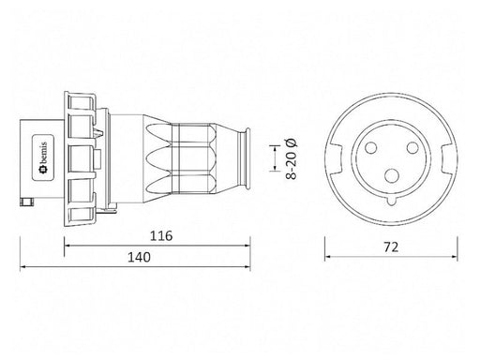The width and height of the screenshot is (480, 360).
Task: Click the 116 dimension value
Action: [161, 236]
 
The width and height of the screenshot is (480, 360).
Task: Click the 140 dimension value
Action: [139, 257]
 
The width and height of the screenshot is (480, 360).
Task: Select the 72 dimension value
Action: [391, 247]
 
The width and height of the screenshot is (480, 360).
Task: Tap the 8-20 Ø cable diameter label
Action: [292, 158]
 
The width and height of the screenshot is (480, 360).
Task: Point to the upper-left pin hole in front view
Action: [371, 147]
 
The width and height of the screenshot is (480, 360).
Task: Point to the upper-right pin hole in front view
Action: [412, 147]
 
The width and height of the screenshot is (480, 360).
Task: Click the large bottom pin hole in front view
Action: [392, 175]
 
